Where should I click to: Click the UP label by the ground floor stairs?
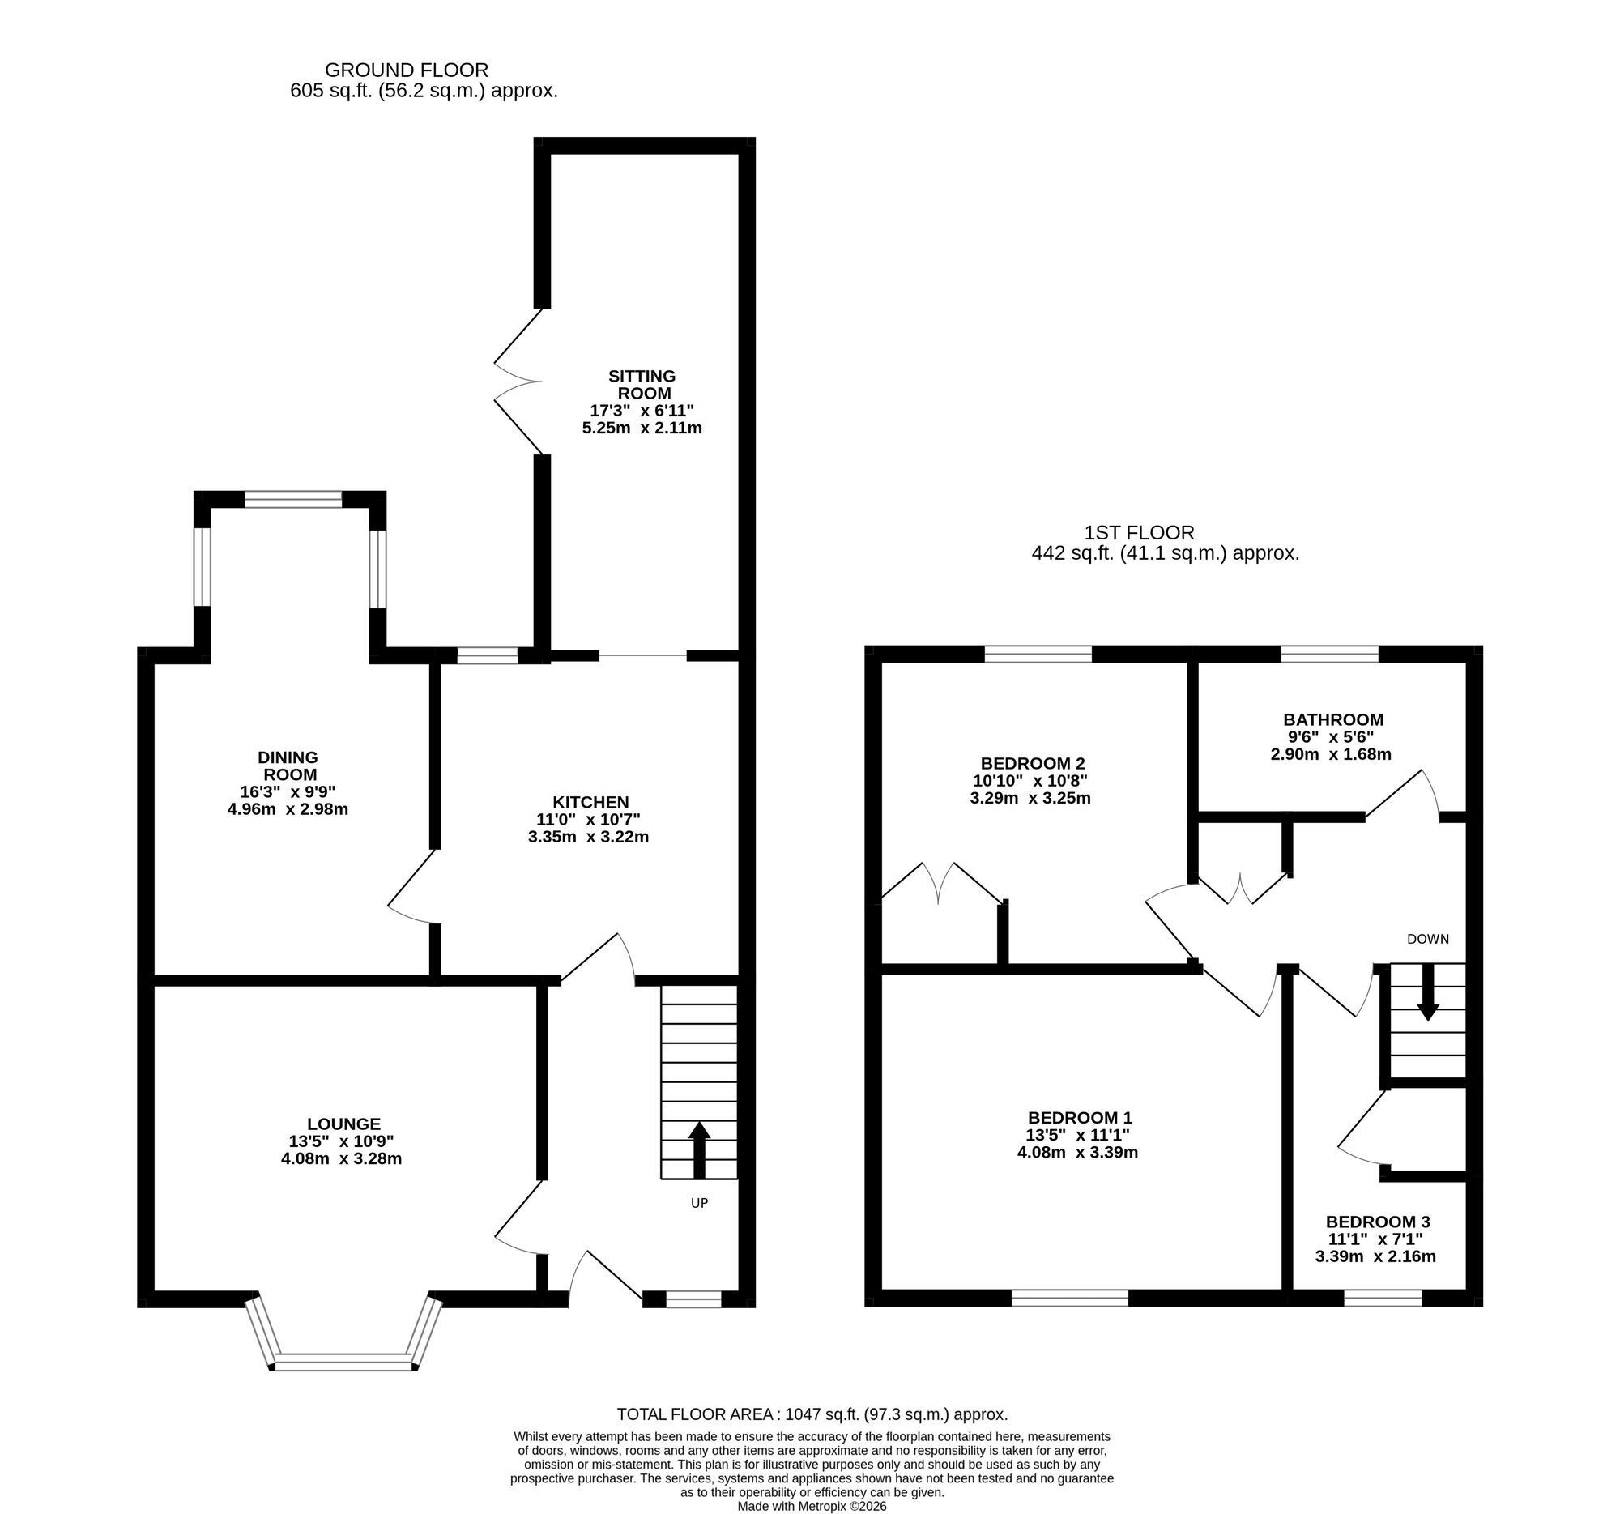point(699,1203)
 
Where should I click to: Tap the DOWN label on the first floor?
point(1428,939)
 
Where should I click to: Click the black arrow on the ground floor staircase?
point(698,1150)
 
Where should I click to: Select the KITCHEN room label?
point(590,803)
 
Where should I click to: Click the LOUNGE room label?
point(344,1124)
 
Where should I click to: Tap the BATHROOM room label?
point(1333,719)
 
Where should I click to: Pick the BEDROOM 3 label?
point(1378,1222)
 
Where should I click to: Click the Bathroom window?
point(1330,653)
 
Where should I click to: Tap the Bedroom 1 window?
point(1070,1298)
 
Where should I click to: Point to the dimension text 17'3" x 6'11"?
point(642,411)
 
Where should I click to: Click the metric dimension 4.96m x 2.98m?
point(288,809)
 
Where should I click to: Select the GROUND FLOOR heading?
point(407,70)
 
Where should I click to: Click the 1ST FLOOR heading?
point(1139,533)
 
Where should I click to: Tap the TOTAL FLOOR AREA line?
point(812,1414)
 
